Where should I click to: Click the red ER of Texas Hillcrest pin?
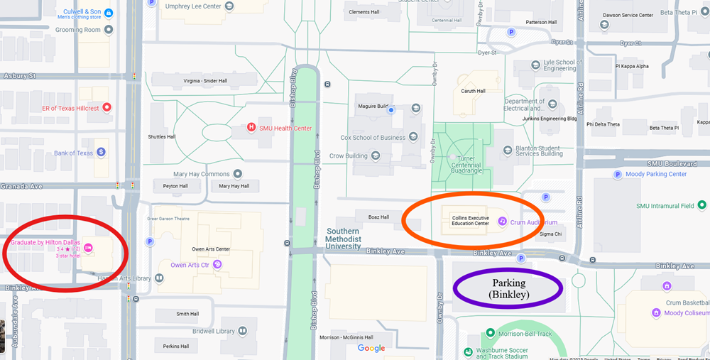[x=107, y=108]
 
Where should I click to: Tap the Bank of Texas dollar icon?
[x=102, y=152]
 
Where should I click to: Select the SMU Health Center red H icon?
[x=251, y=128]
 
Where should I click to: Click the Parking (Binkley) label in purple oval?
[x=508, y=288]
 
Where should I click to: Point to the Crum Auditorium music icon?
[x=502, y=222]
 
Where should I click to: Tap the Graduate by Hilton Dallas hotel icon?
[x=88, y=248]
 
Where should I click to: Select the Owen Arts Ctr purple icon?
[x=217, y=265]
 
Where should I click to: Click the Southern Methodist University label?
[x=343, y=239]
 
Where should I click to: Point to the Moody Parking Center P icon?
[x=618, y=174]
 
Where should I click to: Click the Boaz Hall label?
[x=379, y=217]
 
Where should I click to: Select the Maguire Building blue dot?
[x=390, y=110]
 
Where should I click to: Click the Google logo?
[x=371, y=348]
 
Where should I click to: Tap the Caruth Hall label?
[x=473, y=91]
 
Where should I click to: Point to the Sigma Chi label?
[x=551, y=233]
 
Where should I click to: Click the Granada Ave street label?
[x=22, y=186]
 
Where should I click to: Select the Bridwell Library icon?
[x=243, y=331]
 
